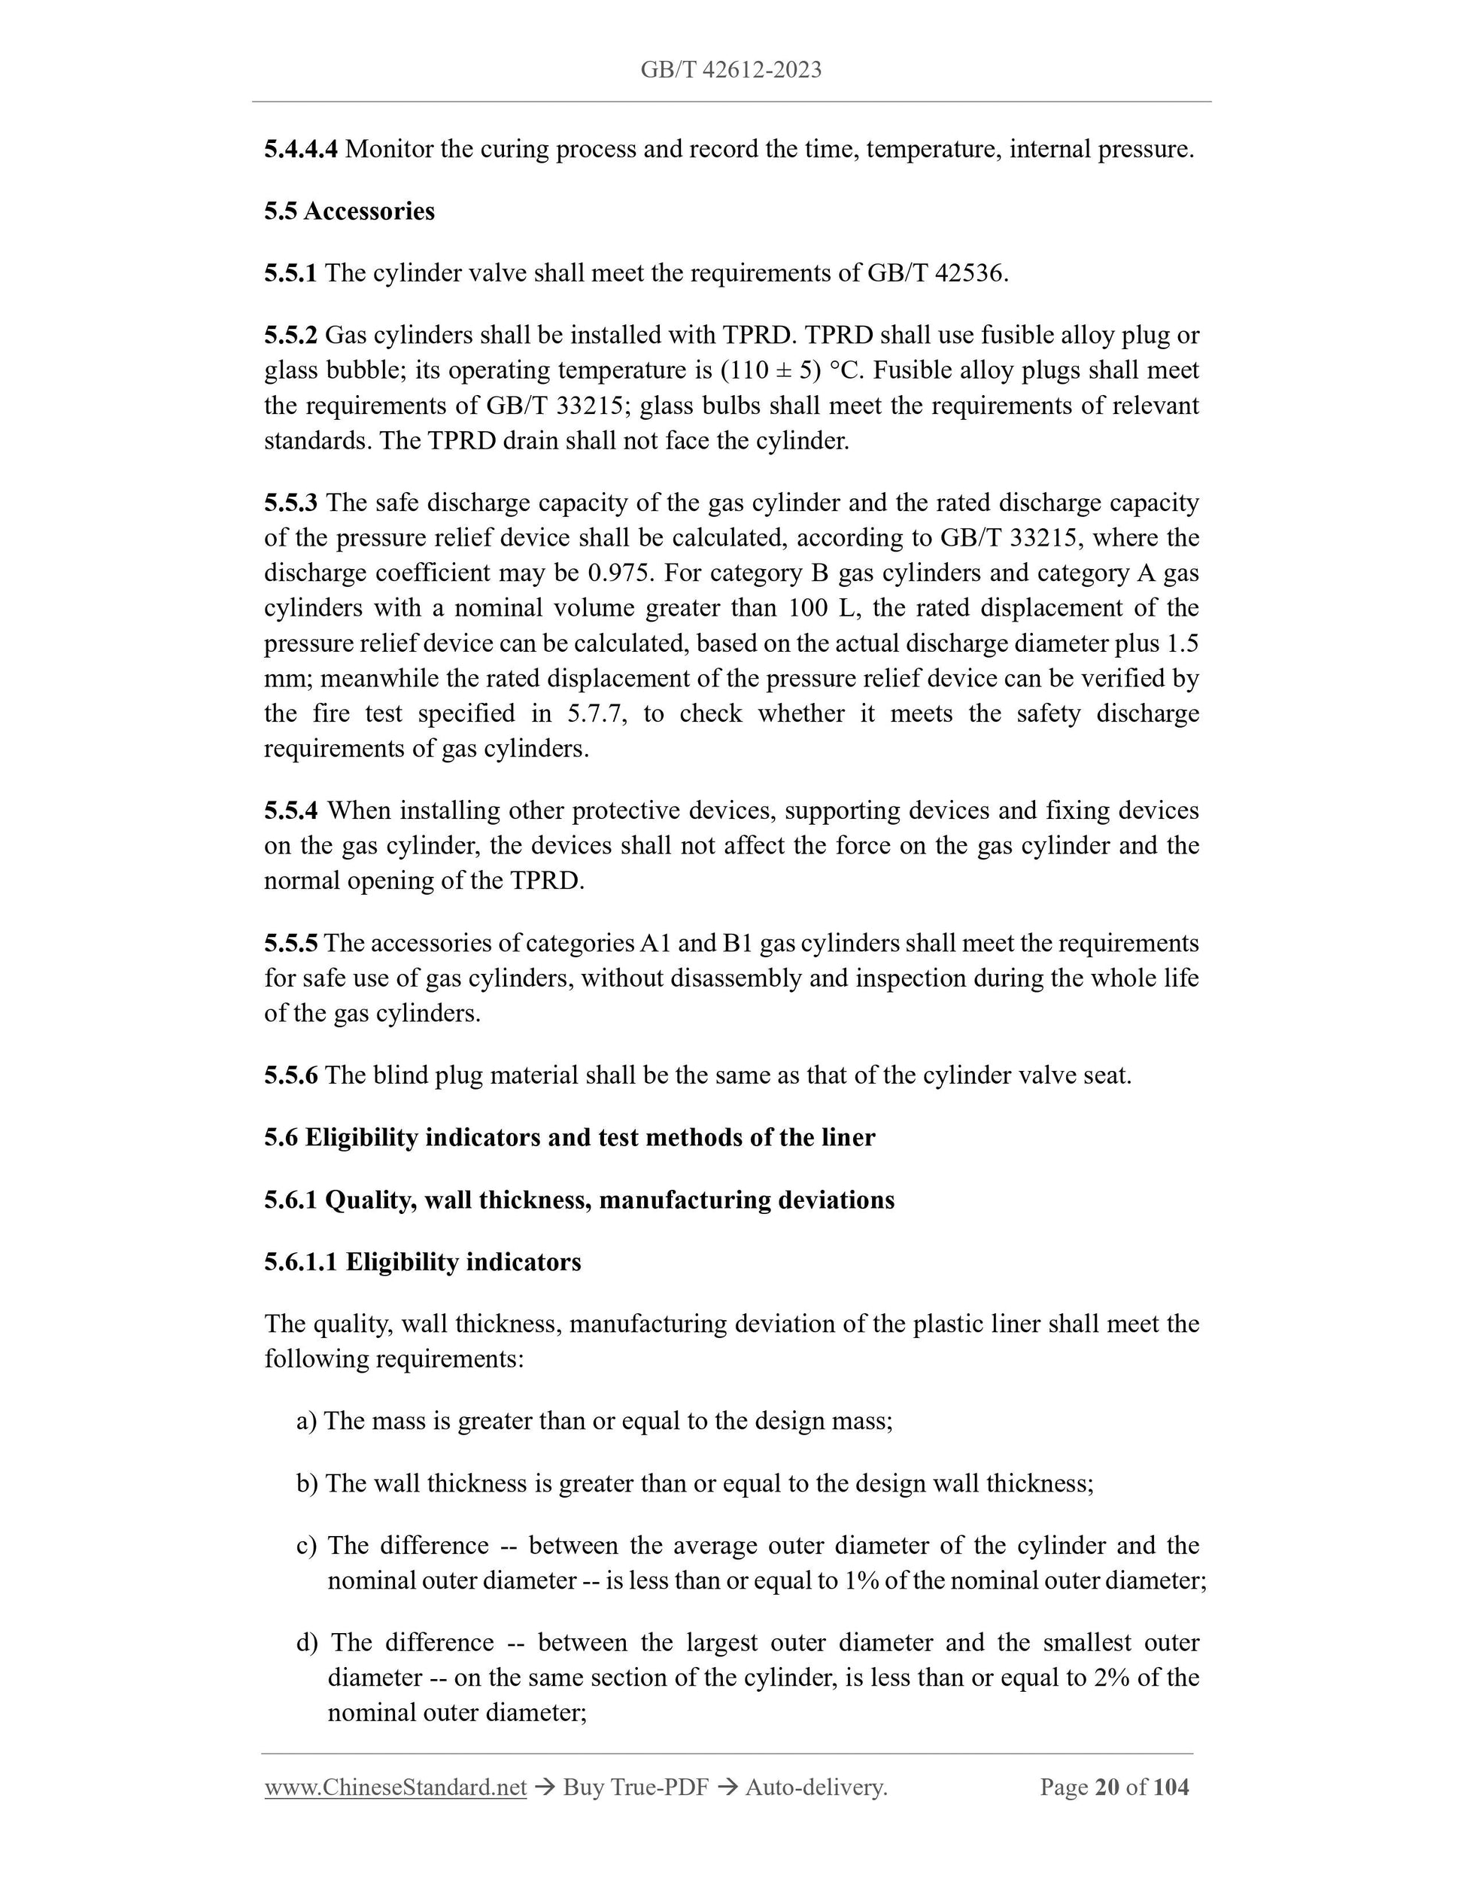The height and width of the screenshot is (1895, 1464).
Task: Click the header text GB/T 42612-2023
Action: click(731, 70)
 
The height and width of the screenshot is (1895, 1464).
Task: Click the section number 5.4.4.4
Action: click(301, 149)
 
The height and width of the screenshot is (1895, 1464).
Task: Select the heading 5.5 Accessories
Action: click(350, 211)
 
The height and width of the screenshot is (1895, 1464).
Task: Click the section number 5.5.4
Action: click(290, 811)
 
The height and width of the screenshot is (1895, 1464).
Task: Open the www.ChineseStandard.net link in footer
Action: click(396, 1787)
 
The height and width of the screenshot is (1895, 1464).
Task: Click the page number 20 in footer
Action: click(1106, 1787)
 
